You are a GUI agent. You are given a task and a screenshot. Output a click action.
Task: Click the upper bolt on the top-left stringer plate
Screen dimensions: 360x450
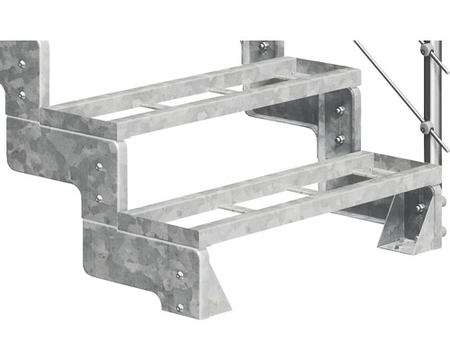tap(22, 64)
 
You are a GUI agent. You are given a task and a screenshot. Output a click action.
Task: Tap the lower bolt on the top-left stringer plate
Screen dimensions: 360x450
tap(22, 93)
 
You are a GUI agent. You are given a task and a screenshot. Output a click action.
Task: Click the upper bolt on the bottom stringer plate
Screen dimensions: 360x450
tap(179, 274)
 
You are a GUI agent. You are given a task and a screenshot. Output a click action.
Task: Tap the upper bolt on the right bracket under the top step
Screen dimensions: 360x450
tap(339, 110)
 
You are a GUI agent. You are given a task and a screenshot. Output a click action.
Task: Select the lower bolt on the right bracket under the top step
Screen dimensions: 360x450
tap(339, 139)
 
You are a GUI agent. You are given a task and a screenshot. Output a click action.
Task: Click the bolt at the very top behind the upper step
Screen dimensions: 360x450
tap(263, 46)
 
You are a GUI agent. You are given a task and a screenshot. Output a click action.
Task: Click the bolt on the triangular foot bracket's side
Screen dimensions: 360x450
tap(419, 209)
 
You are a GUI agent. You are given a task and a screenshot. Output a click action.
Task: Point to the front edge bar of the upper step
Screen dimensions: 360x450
tap(180, 107)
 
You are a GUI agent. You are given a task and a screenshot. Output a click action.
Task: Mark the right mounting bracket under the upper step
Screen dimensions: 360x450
tap(315, 121)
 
